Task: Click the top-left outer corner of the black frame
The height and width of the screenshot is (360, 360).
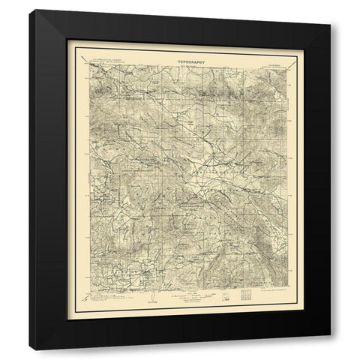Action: click(x=47, y=22)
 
